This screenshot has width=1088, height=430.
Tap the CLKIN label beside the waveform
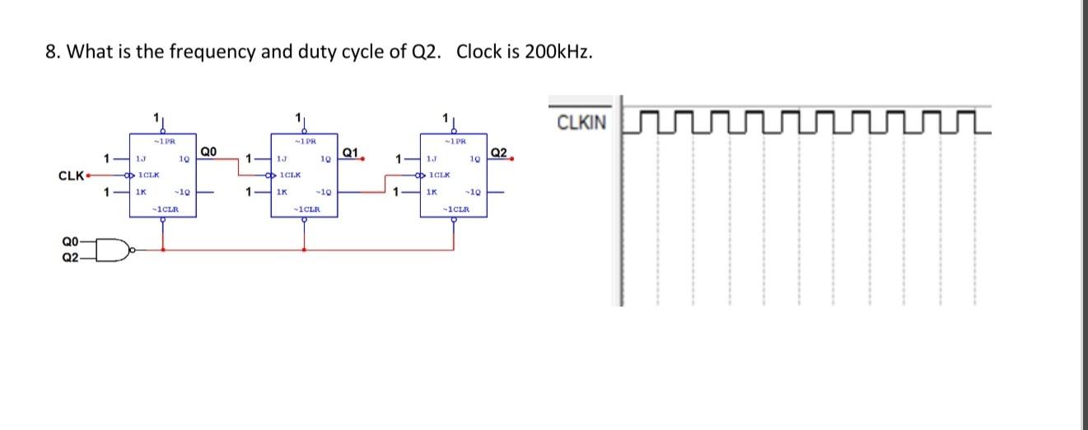[581, 124]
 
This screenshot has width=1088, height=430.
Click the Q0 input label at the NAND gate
[71, 241]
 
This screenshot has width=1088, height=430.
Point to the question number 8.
[51, 52]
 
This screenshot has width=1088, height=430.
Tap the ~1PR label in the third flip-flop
[451, 141]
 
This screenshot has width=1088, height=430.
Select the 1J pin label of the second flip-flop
[282, 158]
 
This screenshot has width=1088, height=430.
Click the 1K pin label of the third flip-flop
[431, 193]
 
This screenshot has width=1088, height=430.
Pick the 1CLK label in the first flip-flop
[148, 175]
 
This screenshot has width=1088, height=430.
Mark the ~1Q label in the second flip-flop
[325, 193]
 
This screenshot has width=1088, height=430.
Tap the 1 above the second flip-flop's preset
[297, 119]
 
